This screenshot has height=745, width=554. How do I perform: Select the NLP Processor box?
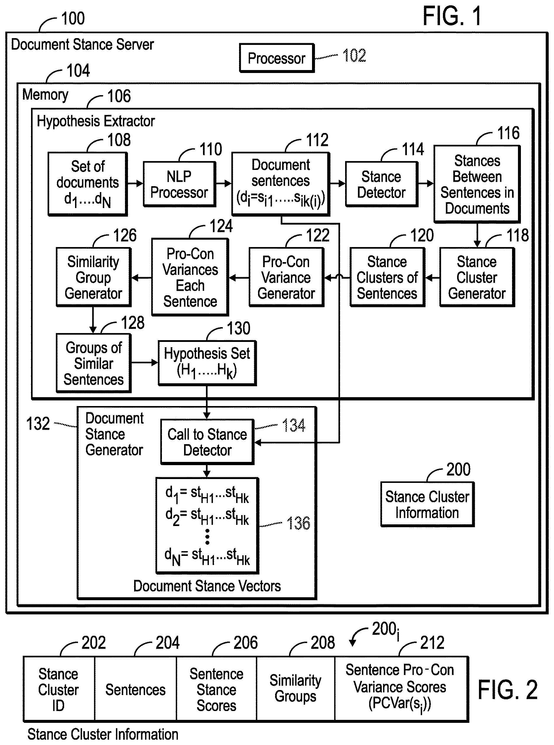coord(179,184)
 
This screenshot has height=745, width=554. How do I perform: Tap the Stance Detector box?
coord(382,184)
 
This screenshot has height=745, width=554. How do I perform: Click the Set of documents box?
coord(87,184)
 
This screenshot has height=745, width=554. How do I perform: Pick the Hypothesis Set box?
coord(207,363)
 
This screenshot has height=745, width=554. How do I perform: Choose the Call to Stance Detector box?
coord(207,442)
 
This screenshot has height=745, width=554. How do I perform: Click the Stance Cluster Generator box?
coord(477,277)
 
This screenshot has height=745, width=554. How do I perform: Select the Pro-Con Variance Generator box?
coord(286,277)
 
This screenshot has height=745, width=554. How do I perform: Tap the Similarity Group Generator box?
coord(93,277)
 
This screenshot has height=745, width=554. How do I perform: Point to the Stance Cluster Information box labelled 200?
coord(427,504)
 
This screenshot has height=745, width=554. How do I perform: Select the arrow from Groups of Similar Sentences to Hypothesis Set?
coord(144,363)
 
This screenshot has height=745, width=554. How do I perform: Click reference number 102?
coord(354,55)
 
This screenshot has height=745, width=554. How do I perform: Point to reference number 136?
coord(298,523)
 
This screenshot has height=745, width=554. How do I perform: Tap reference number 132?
coord(38,424)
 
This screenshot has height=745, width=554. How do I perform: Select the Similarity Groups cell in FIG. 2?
coord(295,688)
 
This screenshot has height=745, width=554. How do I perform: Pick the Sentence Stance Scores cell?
coord(216,688)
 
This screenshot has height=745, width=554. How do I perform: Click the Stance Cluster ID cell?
coord(59,688)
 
